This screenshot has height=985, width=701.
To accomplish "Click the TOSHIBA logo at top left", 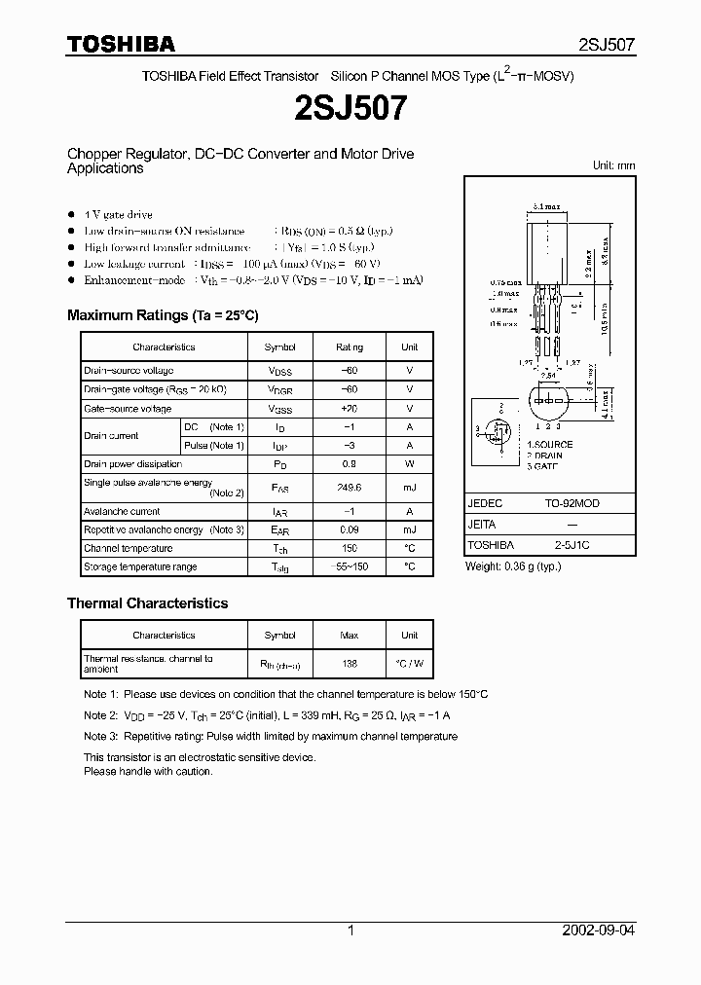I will click(x=121, y=44).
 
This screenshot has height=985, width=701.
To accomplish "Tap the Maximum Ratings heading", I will click(x=163, y=315).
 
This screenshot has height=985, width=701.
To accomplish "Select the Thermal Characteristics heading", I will click(x=147, y=603).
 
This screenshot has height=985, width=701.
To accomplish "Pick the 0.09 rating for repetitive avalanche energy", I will click(x=350, y=529).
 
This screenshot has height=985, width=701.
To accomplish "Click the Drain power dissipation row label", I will click(x=132, y=464).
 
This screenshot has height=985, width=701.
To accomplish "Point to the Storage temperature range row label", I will click(x=140, y=566).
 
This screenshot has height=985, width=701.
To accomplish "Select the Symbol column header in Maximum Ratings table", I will click(x=279, y=347).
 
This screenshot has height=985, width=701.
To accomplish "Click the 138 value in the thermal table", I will click(x=350, y=663).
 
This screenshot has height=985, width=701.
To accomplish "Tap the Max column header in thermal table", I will click(x=350, y=635).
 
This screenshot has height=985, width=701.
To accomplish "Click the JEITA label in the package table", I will click(x=484, y=525).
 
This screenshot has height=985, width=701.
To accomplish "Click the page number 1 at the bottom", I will click(x=350, y=930).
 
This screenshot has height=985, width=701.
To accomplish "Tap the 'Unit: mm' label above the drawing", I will click(x=613, y=165).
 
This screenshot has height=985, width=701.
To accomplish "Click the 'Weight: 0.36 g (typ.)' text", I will click(x=513, y=566).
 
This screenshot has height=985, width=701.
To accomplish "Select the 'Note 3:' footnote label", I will click(x=100, y=737).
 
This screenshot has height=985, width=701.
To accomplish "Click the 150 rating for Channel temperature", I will click(x=350, y=548).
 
